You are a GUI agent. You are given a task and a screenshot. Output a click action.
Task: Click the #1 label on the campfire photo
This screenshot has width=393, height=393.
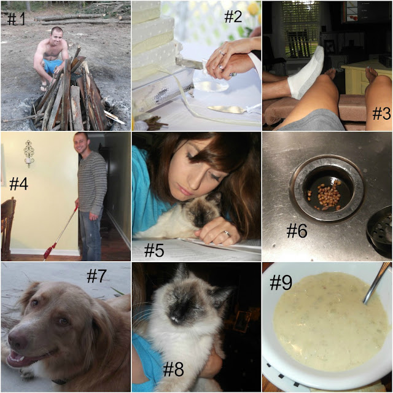click(16, 19)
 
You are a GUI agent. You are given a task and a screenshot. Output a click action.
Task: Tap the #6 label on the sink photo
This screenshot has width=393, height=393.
click(297, 230)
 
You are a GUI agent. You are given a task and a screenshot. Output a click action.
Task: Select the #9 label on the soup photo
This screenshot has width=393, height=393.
click(281, 282)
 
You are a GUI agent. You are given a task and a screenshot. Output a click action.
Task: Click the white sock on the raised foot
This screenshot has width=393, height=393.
click(306, 72)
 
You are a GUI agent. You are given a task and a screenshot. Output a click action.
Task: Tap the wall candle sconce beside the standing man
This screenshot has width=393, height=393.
click(29, 154)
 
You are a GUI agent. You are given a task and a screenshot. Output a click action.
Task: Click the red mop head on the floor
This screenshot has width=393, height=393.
click(50, 251)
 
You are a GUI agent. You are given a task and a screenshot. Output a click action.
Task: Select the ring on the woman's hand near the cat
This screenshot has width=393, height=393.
click(227, 233)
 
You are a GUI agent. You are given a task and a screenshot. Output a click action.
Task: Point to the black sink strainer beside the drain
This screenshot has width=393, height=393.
click(379, 229)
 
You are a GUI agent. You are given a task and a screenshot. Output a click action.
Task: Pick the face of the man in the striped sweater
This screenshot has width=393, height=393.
click(81, 143)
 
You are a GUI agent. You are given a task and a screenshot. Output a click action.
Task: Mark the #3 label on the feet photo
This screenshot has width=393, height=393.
click(381, 114)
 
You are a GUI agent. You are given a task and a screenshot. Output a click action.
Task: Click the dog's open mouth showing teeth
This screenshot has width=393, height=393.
click(24, 359)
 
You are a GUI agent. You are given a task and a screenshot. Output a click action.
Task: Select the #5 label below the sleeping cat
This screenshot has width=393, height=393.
click(154, 251)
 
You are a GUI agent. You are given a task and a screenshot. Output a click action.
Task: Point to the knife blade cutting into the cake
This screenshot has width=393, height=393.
click(189, 63)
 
